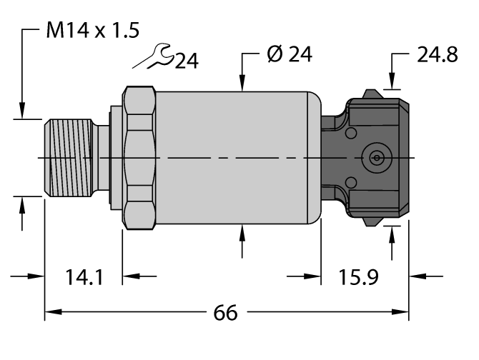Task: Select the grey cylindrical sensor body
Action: (236, 156)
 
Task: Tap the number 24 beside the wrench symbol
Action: (187, 61)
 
